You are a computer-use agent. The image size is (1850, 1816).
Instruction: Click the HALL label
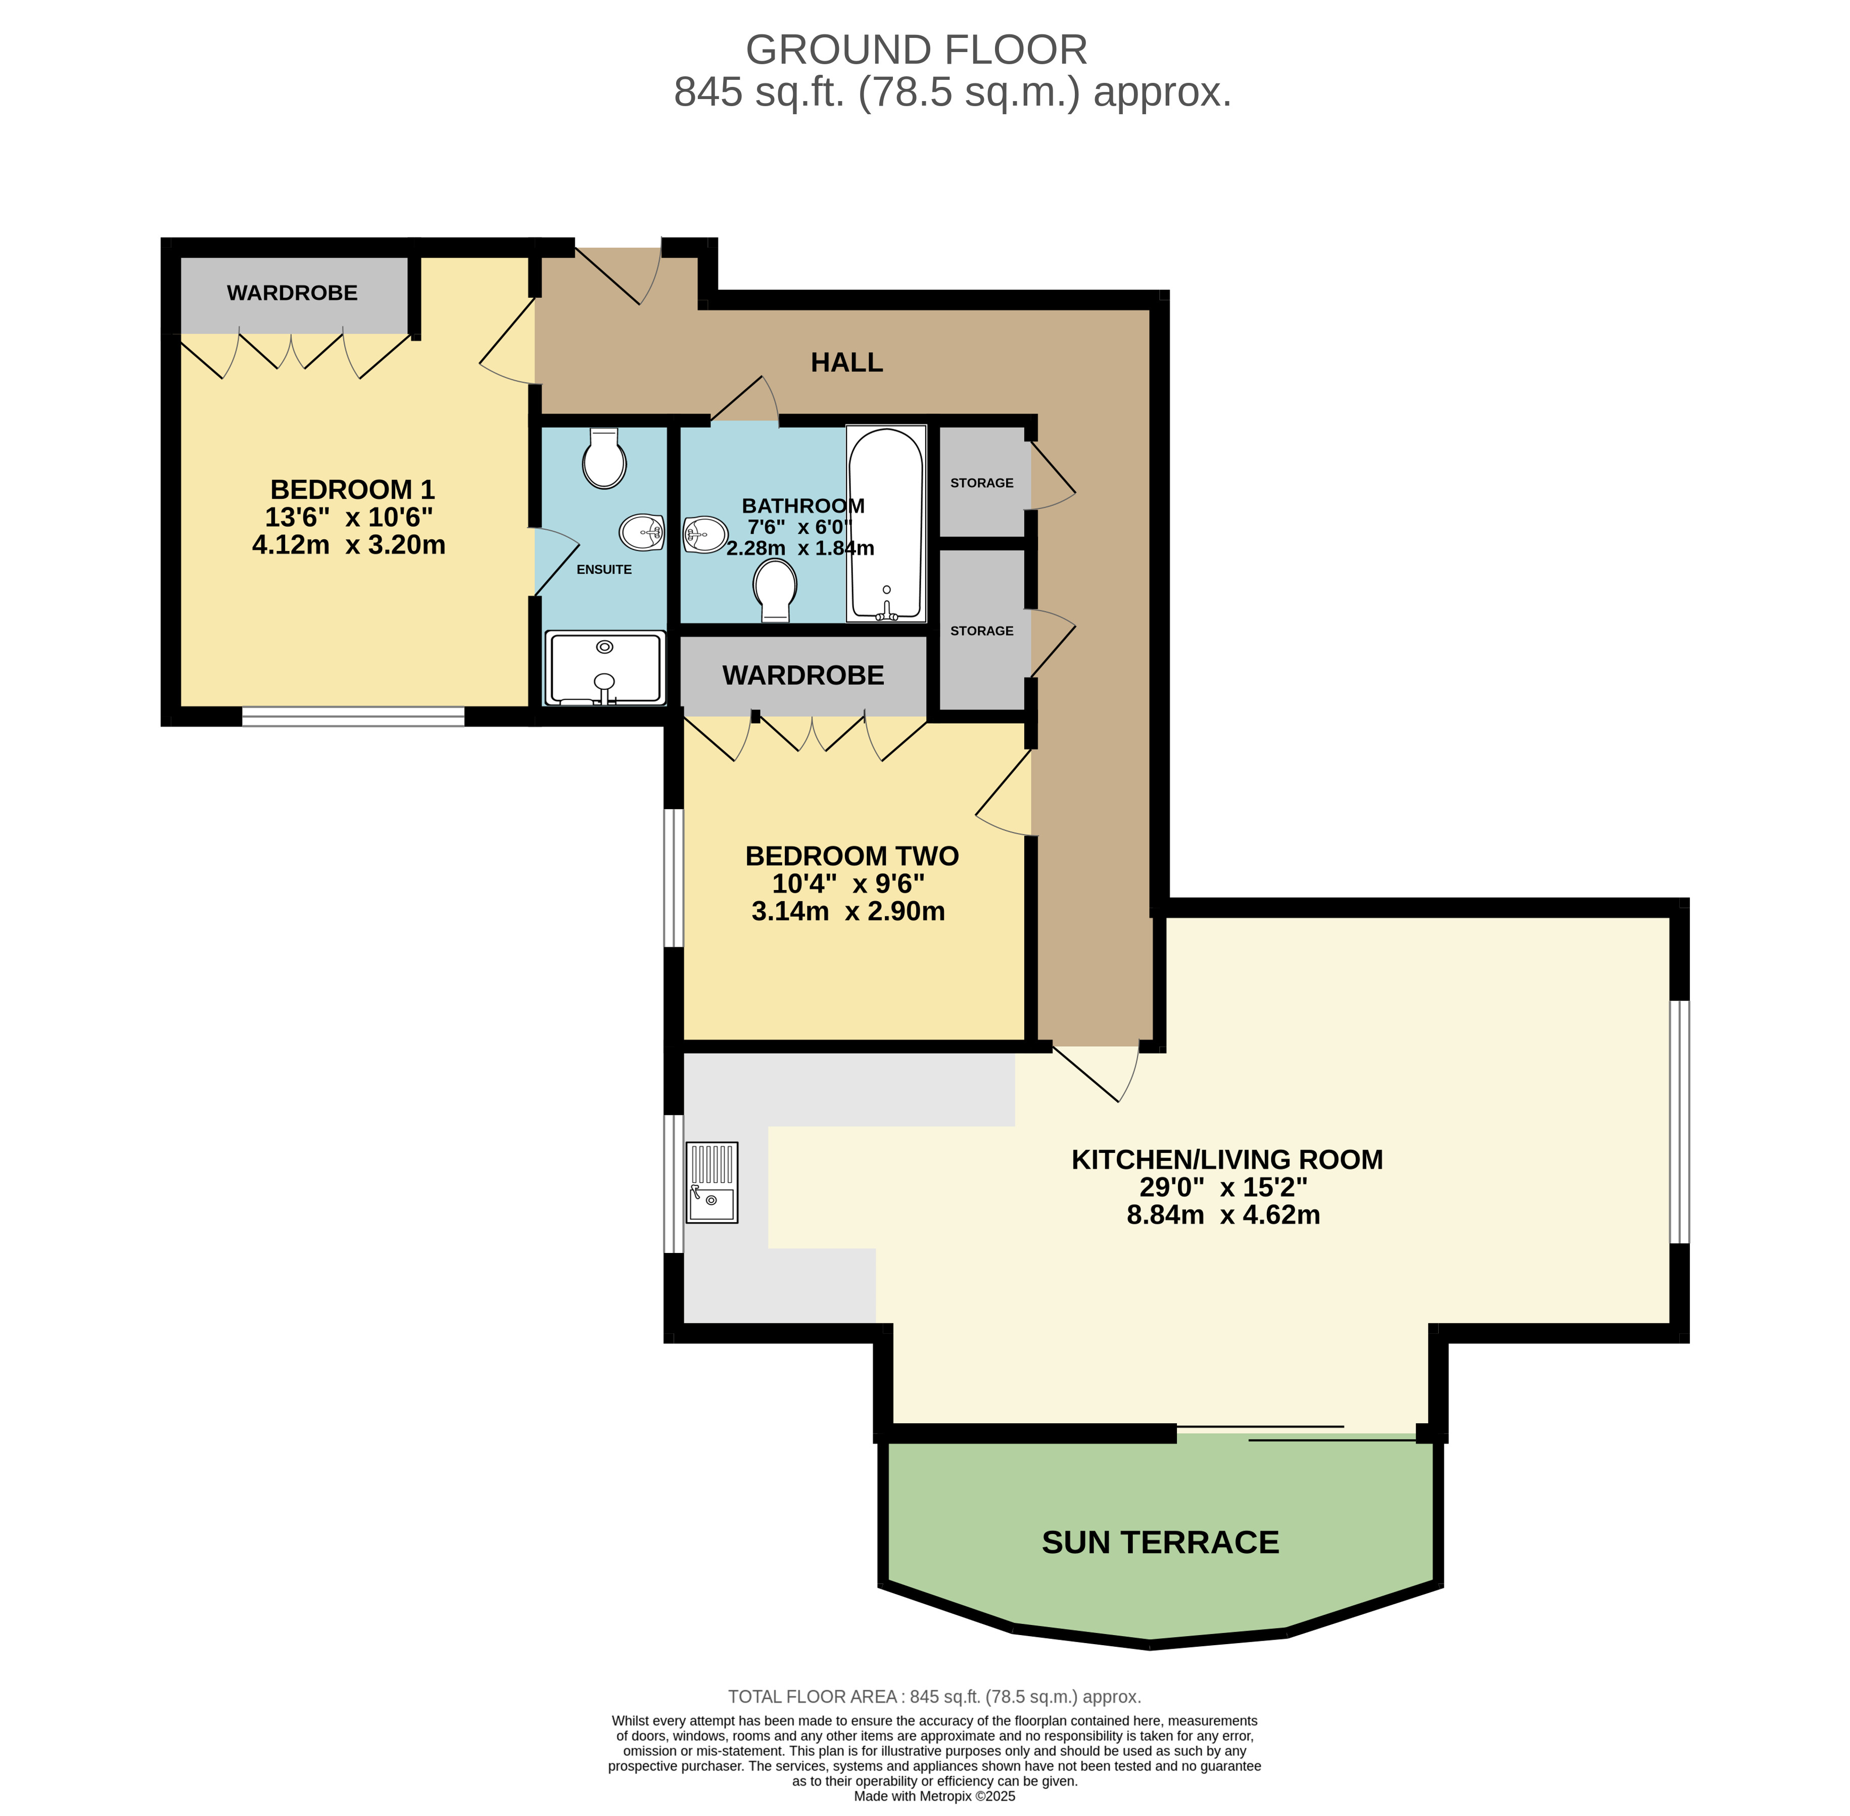[847, 362]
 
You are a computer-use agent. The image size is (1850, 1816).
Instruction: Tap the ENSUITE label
[604, 570]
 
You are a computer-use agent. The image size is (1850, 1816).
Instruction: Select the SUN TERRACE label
[1161, 1542]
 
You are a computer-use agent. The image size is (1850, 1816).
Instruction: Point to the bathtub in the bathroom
[886, 524]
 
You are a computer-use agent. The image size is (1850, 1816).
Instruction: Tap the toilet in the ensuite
[604, 459]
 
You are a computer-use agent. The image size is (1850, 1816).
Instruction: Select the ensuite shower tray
[604, 668]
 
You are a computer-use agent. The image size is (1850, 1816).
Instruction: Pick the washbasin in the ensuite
[642, 532]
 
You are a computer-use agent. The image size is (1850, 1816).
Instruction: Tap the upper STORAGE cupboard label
[981, 483]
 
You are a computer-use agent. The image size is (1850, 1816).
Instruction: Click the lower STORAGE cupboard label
[981, 630]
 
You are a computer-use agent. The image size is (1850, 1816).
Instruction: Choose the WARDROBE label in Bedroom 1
[292, 293]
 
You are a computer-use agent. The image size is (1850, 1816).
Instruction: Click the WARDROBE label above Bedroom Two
[803, 675]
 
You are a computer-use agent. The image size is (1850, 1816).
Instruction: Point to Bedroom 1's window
[353, 716]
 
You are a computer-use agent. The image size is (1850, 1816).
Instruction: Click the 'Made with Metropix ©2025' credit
[934, 1796]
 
